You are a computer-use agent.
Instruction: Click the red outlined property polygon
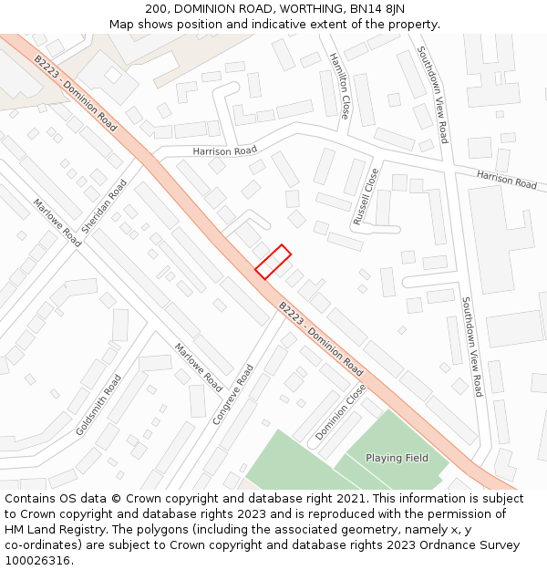(273, 261)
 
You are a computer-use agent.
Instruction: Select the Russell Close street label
(366, 197)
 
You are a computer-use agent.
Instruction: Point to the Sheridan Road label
(104, 207)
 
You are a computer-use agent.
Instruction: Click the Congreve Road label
(232, 395)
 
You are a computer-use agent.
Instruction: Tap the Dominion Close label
(340, 412)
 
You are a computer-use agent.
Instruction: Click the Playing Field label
(397, 458)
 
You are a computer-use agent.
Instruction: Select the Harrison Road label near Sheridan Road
(224, 150)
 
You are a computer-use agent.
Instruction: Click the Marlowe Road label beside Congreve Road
(198, 367)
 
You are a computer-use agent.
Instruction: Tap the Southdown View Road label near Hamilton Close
(432, 95)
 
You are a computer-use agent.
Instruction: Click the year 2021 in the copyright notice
(351, 499)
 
